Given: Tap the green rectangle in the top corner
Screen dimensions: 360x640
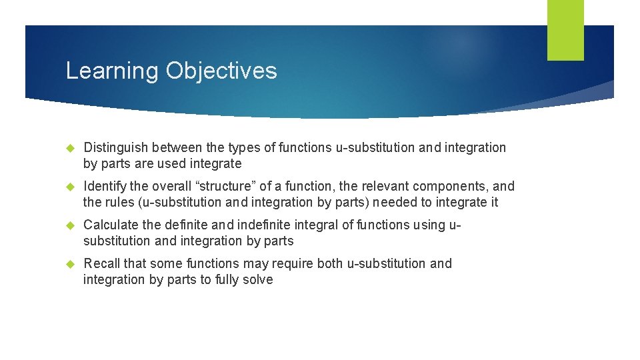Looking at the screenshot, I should click(565, 30).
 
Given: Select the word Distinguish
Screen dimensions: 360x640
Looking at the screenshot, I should click(116, 147).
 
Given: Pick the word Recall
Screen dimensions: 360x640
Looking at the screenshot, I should click(101, 263).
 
